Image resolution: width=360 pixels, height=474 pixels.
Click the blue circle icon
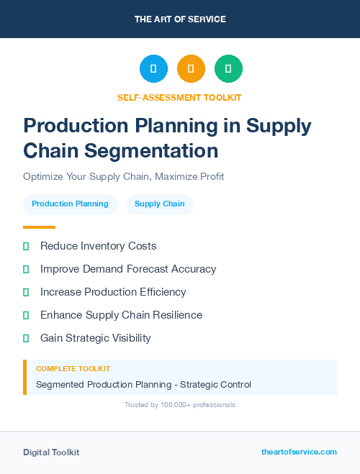click(x=153, y=69)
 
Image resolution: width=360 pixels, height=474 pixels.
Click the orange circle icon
click(x=191, y=69)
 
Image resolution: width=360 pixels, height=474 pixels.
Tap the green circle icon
click(x=228, y=69)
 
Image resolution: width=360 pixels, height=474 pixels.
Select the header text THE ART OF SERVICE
click(x=180, y=19)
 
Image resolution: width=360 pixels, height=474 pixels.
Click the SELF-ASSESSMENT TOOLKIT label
click(x=179, y=97)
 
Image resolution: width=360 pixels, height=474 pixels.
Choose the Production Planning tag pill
click(x=70, y=204)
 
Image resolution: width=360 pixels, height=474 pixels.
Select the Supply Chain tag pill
click(x=159, y=204)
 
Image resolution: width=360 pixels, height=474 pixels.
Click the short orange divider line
click(x=39, y=227)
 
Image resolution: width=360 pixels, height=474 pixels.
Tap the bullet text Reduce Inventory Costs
click(x=98, y=246)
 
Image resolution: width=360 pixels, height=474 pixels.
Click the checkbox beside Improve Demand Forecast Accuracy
click(x=26, y=269)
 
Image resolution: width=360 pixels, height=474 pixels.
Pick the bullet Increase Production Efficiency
click(x=113, y=292)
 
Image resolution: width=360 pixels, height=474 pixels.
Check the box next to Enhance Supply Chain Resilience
click(x=26, y=315)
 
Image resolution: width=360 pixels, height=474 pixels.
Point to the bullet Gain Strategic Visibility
click(x=95, y=338)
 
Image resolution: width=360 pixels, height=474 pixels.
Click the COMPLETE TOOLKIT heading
click(x=73, y=369)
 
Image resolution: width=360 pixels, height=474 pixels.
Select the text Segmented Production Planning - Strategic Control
click(x=143, y=385)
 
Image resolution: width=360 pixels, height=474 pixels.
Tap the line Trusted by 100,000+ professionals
click(x=179, y=405)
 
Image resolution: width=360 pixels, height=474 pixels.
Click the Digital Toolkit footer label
click(x=51, y=452)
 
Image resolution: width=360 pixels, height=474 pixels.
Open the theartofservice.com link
click(x=299, y=452)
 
